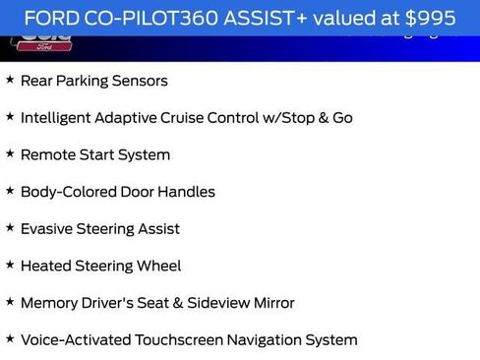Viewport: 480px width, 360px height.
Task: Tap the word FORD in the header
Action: pyautogui.click(x=50, y=18)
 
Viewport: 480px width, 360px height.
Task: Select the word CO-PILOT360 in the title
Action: pyautogui.click(x=146, y=18)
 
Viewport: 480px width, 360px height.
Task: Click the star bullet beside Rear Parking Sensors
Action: pyautogui.click(x=10, y=80)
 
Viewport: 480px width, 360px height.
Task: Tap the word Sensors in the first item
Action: pyautogui.click(x=140, y=81)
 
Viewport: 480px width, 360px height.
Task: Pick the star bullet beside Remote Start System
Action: pyautogui.click(x=10, y=153)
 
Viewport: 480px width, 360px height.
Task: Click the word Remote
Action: pyautogui.click(x=47, y=154)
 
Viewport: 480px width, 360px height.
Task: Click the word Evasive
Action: pyautogui.click(x=46, y=229)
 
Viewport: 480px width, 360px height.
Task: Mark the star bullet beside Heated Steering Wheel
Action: pyautogui.click(x=10, y=265)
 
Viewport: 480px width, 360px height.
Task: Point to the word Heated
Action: pyautogui.click(x=45, y=266)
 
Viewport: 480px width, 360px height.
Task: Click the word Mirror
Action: pyautogui.click(x=270, y=303)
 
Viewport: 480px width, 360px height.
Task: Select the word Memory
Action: pyautogui.click(x=49, y=303)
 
